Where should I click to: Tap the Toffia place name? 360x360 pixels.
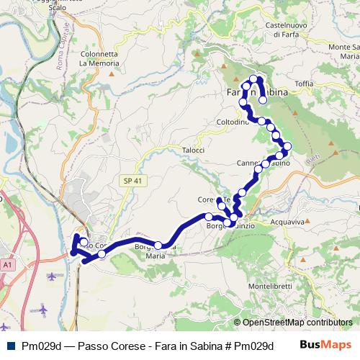(x=304, y=84)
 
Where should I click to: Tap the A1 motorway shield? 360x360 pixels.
(x=8, y=265)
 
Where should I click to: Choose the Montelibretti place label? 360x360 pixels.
(x=270, y=286)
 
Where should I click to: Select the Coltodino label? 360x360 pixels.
(x=232, y=122)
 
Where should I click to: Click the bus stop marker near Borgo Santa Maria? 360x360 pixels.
(x=158, y=246)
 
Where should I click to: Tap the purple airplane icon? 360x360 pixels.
(x=42, y=310)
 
